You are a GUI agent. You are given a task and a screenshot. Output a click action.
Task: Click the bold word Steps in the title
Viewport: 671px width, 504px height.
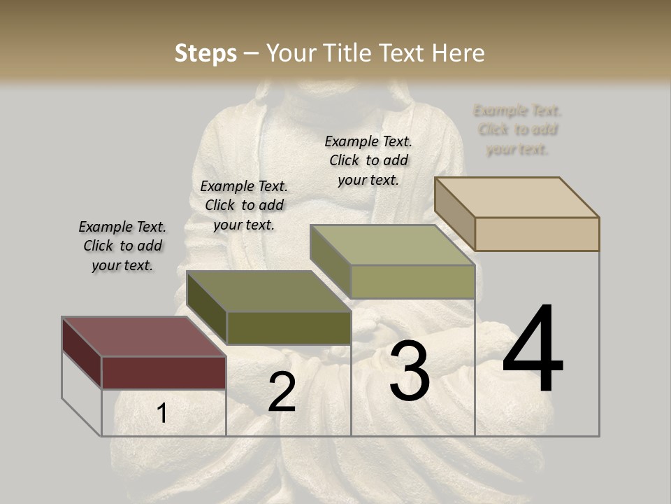pyautogui.click(x=205, y=53)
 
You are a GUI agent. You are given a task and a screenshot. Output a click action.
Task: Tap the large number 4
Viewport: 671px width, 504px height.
pyautogui.click(x=533, y=350)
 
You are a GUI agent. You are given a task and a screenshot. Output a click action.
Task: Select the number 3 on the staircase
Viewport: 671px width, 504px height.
pyautogui.click(x=410, y=372)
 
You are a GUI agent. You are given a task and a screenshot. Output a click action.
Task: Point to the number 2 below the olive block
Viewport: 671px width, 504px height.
pyautogui.click(x=282, y=393)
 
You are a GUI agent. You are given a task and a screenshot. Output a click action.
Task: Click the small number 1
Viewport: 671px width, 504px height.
pyautogui.click(x=161, y=414)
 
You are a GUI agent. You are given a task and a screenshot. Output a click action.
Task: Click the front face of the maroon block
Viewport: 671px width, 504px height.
pyautogui.click(x=164, y=372)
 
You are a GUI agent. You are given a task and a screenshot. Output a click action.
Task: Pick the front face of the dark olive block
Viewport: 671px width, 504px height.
pyautogui.click(x=288, y=328)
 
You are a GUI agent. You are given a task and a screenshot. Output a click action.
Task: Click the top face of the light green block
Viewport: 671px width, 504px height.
pyautogui.click(x=392, y=245)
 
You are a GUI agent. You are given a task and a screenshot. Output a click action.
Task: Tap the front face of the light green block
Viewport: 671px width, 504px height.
pyautogui.click(x=412, y=281)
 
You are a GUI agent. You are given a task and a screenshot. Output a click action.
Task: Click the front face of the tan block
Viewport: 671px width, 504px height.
pyautogui.click(x=537, y=234)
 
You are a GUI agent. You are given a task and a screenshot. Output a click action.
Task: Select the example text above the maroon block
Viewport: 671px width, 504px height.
pyautogui.click(x=122, y=246)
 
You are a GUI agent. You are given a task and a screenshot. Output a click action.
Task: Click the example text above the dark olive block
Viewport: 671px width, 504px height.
pyautogui.click(x=244, y=205)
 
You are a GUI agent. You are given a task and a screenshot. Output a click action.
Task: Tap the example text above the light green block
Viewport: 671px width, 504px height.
pyautogui.click(x=368, y=160)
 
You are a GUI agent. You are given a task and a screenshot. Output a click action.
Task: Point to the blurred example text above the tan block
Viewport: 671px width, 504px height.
pyautogui.click(x=517, y=129)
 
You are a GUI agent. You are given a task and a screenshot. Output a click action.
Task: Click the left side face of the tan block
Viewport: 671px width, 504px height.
pyautogui.click(x=454, y=213)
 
